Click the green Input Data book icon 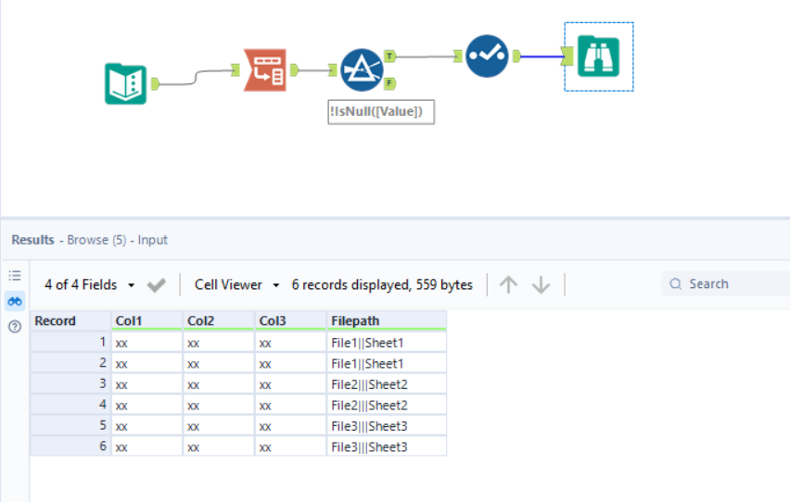125,83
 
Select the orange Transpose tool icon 264,69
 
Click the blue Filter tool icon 362,70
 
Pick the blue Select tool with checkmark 486,56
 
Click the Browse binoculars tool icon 598,57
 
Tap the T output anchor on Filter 390,56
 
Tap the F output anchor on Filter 390,84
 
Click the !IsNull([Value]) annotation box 381,112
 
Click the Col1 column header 147,320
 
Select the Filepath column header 387,320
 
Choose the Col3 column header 290,320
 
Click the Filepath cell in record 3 387,383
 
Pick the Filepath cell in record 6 387,446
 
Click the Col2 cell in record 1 218,342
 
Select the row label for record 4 70,405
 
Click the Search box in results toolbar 733,284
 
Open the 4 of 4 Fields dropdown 92,285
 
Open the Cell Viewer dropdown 236,285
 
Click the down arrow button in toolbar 542,285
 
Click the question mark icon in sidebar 15,327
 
